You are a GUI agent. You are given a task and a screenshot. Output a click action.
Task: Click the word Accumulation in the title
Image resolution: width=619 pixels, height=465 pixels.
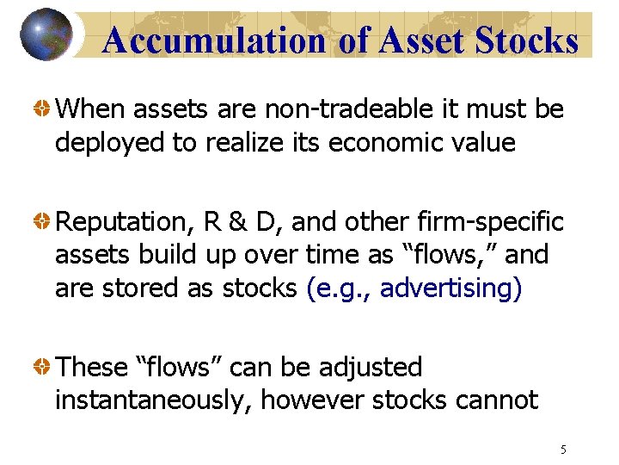pyautogui.click(x=213, y=40)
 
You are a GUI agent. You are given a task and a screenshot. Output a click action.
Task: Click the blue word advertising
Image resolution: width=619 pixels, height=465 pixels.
pyautogui.click(x=445, y=288)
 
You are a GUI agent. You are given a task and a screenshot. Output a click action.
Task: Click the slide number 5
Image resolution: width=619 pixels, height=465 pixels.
pyautogui.click(x=563, y=449)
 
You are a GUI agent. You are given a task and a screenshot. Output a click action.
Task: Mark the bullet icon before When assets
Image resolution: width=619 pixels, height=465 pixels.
pyautogui.click(x=40, y=110)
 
